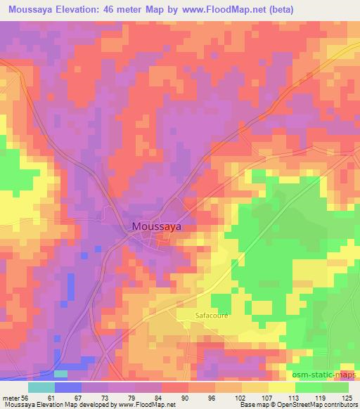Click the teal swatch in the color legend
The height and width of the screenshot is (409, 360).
click(x=41, y=387)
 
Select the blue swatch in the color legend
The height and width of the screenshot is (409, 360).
click(x=68, y=387)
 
